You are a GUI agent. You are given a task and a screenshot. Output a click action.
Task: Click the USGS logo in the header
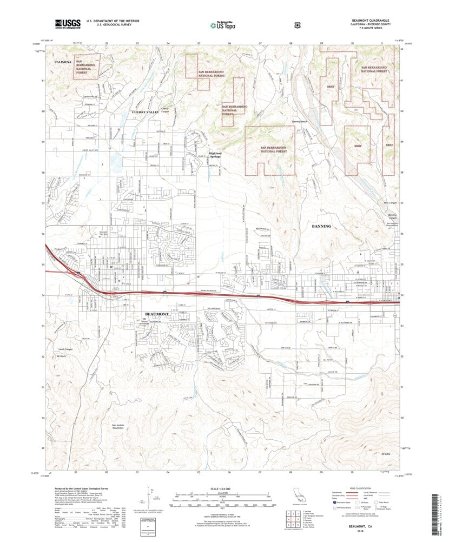tap(68, 23)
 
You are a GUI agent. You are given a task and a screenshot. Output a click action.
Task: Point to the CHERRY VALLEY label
tap(146, 111)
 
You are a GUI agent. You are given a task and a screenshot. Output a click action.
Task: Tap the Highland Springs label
tap(215, 155)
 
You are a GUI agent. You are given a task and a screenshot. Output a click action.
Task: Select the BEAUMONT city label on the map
tap(157, 314)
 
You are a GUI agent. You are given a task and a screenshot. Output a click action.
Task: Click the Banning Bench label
tap(300, 121)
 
